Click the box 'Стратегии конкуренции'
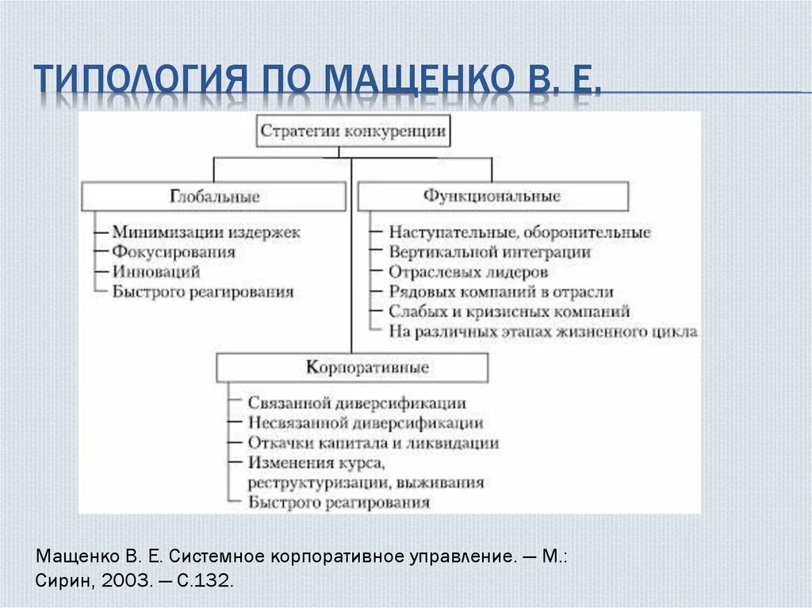tap(353, 132)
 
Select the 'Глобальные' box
tap(214, 197)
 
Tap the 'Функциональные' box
tap(492, 196)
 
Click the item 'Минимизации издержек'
tap(206, 233)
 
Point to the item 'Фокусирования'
tap(174, 253)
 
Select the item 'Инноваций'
tap(155, 272)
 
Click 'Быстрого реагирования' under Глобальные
tap(203, 292)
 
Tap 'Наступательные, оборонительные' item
tap(519, 233)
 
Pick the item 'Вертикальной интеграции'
tap(489, 253)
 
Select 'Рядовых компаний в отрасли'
tap(500, 293)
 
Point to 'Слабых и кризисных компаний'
tap(509, 312)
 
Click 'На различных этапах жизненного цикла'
tap(543, 331)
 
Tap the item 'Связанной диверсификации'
tap(356, 403)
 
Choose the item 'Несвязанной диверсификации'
tap(365, 423)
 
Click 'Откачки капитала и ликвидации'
tap(373, 443)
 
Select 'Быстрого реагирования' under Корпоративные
tap(339, 502)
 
